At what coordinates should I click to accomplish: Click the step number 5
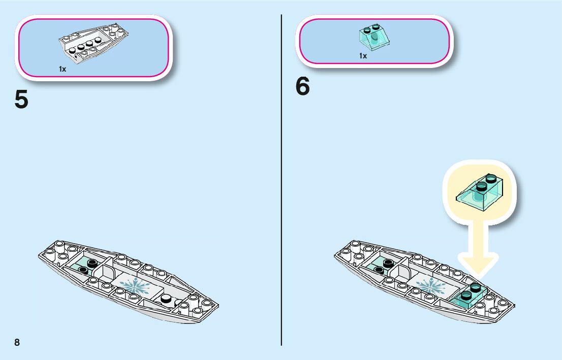[21, 99]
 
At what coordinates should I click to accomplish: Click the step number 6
[302, 87]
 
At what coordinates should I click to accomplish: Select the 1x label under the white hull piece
[62, 69]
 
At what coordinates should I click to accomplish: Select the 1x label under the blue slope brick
[363, 56]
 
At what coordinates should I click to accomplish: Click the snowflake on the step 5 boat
[135, 286]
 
